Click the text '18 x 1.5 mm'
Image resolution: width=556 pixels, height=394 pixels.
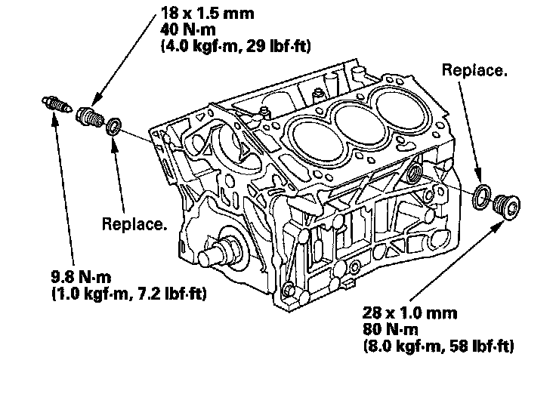coord(208,14)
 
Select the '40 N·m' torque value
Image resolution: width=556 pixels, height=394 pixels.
coord(188,29)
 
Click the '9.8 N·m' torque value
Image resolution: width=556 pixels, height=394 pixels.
coord(81,277)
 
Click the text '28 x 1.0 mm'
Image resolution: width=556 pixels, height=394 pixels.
coord(410,313)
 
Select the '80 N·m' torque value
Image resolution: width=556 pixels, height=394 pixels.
coord(390,329)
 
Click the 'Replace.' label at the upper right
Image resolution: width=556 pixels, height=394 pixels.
coord(474,70)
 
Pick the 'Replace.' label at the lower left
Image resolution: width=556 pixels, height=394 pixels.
coord(134,224)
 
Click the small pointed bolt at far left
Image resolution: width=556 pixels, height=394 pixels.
coord(57,104)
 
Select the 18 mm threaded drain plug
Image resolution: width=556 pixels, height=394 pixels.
coord(90,115)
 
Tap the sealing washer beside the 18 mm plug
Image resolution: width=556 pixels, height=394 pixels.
coord(114,127)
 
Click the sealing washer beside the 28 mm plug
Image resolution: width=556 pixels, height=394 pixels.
coord(482,197)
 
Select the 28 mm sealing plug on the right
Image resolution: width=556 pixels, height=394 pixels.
coord(507,206)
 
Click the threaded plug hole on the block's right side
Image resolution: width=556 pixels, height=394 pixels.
coord(413,172)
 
